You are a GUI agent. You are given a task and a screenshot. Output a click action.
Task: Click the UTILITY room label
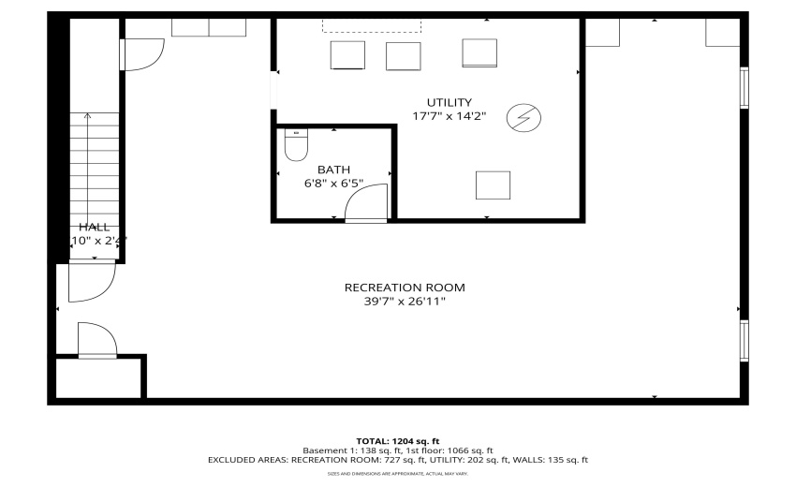450,102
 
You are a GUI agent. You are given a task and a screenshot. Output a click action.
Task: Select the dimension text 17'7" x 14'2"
450,116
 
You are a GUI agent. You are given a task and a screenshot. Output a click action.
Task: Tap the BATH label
333,170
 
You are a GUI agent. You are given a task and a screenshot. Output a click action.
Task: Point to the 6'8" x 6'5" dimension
333,184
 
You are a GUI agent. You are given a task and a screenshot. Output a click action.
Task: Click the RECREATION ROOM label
405,288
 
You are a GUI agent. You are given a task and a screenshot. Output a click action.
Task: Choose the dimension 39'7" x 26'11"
405,302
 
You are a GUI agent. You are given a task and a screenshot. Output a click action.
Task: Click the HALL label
94,227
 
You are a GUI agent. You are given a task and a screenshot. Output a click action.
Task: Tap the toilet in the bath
296,146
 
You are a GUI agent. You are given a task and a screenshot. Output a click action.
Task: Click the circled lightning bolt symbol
518,117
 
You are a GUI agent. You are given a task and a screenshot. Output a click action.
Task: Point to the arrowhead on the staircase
88,117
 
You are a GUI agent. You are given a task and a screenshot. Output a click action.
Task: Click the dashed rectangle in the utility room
361,24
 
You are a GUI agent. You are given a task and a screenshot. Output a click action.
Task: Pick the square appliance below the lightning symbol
493,184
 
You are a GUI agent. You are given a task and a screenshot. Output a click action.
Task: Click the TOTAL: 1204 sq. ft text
398,440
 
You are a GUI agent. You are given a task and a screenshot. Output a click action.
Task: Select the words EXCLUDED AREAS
248,460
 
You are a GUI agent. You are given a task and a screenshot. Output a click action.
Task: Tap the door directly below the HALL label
90,281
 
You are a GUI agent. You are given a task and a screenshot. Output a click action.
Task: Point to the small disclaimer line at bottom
398,474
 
